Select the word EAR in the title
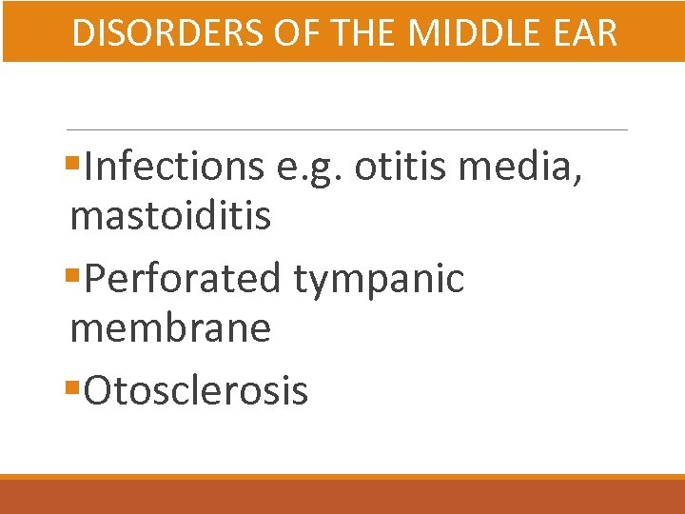click(x=586, y=33)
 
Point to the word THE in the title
click(x=362, y=33)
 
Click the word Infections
click(x=174, y=167)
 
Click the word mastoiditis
click(x=170, y=217)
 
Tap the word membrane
click(x=170, y=329)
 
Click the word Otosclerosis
click(x=196, y=390)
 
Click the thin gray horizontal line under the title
click(x=347, y=129)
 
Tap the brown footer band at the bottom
click(x=342, y=497)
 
